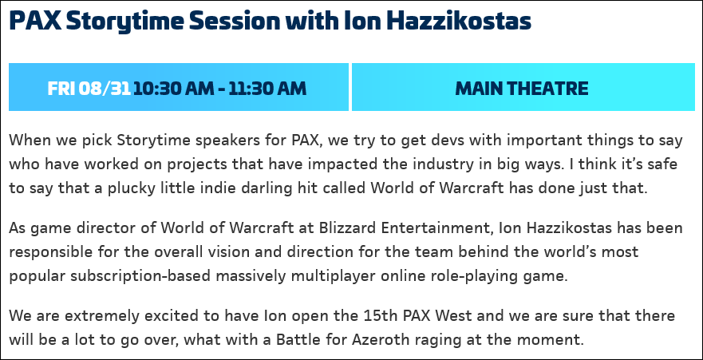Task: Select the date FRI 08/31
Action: point(89,89)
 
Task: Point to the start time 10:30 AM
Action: point(173,89)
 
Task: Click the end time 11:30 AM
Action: point(267,89)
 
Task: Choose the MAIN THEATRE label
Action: point(522,89)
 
